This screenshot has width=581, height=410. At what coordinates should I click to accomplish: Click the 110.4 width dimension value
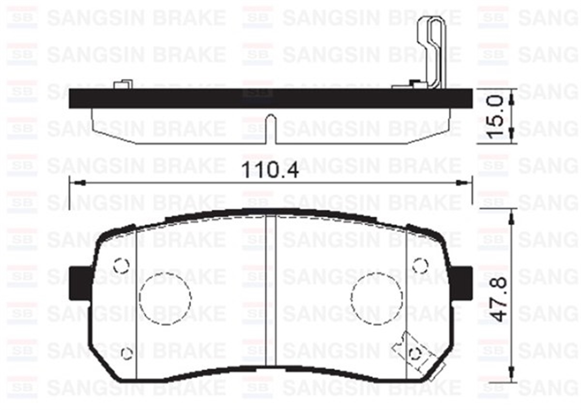coord(270,170)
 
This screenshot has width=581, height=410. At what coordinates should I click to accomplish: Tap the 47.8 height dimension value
coord(498,298)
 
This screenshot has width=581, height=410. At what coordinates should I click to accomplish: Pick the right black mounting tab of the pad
coord(462,283)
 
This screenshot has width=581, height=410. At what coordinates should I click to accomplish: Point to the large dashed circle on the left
coord(165,298)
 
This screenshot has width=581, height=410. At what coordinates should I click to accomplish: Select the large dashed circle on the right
coord(377,297)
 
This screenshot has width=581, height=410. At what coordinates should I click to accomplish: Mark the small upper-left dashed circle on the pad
coord(121,265)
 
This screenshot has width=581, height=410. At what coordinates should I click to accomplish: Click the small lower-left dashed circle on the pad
coord(127,353)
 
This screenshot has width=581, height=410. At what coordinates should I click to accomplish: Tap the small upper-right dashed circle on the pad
coord(420,265)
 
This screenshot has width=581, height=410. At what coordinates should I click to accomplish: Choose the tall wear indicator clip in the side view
coord(432,51)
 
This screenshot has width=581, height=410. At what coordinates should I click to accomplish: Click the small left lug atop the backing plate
coord(122,84)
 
